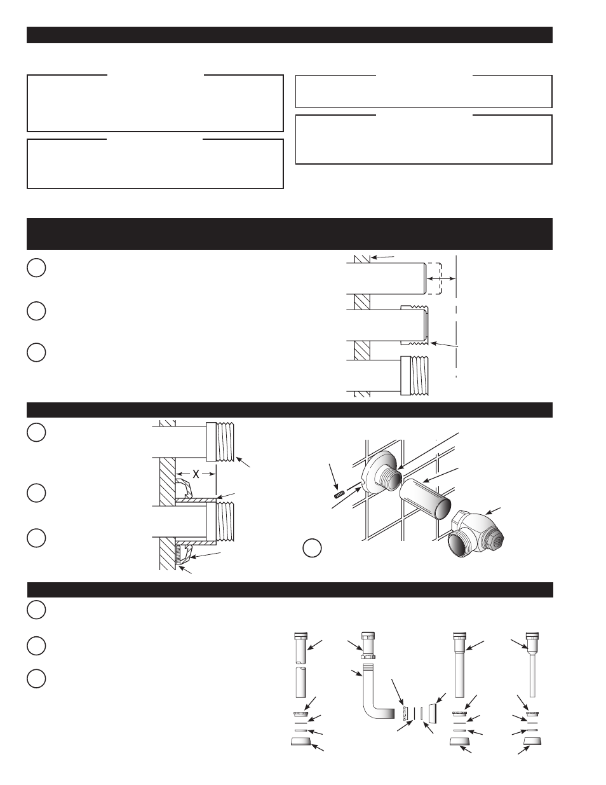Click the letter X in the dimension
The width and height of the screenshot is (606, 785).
click(196, 474)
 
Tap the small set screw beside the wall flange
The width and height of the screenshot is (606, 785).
click(337, 495)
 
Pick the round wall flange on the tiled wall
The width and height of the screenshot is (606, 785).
click(377, 471)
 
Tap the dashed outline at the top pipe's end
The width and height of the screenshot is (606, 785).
click(434, 278)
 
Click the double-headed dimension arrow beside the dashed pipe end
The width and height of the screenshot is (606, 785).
click(441, 278)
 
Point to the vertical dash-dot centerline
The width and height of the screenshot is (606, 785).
click(456, 317)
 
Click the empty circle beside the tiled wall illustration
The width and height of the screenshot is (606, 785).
click(312, 548)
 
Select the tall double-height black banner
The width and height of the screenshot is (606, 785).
click(290, 234)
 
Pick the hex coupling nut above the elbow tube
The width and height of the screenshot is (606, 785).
click(368, 656)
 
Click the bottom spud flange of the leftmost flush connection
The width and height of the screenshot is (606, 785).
click(301, 741)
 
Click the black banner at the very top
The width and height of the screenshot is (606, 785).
click(290, 35)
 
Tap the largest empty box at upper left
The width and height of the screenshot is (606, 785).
click(155, 104)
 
